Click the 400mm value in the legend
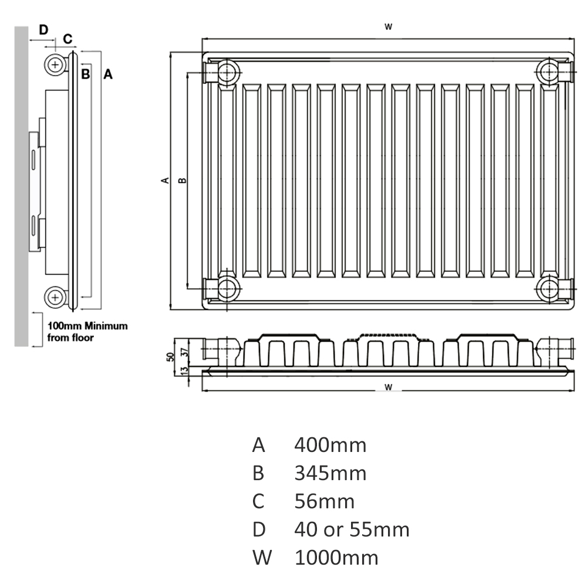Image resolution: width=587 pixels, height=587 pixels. [330, 445]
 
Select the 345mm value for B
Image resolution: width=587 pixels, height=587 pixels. [330, 473]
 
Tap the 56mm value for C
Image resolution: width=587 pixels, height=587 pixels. [324, 501]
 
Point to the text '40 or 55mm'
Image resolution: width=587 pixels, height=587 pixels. [352, 529]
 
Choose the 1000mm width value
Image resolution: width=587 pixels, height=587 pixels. [336, 558]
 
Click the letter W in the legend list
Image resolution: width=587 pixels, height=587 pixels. [262, 558]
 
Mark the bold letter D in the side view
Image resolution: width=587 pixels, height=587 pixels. [44, 29]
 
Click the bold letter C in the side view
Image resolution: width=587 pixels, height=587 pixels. [68, 39]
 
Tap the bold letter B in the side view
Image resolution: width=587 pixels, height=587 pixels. [85, 74]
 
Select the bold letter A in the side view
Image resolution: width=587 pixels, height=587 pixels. [108, 74]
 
